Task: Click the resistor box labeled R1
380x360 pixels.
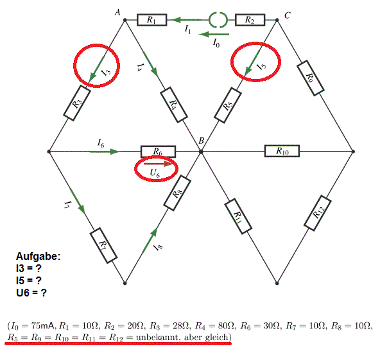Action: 152,20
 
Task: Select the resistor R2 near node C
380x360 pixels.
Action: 250,20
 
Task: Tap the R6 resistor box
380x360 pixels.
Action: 159,151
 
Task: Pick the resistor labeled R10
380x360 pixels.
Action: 282,151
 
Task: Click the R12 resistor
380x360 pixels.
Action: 318,213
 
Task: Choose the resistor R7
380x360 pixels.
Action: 103,245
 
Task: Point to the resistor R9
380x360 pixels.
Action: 311,78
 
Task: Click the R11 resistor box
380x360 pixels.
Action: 238,216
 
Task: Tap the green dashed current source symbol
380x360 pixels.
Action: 218,20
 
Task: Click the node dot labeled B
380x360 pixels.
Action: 201,151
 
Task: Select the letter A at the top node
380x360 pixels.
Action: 117,12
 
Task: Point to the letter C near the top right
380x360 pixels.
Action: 288,15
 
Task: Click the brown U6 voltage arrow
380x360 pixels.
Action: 158,164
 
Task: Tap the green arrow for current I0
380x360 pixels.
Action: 214,35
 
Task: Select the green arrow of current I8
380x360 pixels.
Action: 150,241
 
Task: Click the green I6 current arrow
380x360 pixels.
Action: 105,151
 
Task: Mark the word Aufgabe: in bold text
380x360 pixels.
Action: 38,256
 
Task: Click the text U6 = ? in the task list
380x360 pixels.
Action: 31,293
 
